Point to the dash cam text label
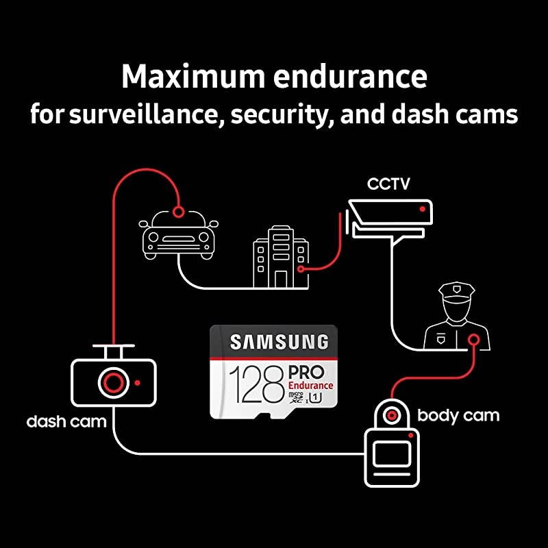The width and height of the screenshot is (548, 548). click(x=66, y=421)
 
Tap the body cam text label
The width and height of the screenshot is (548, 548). click(x=458, y=415)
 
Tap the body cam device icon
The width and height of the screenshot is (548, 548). click(x=391, y=449)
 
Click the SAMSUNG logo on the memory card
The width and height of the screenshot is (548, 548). click(x=279, y=341)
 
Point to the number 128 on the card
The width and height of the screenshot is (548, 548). click(x=256, y=384)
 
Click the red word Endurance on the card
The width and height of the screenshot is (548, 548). click(x=311, y=386)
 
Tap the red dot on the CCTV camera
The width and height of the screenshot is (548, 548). click(x=423, y=208)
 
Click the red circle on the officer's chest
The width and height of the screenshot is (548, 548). click(x=473, y=338)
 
